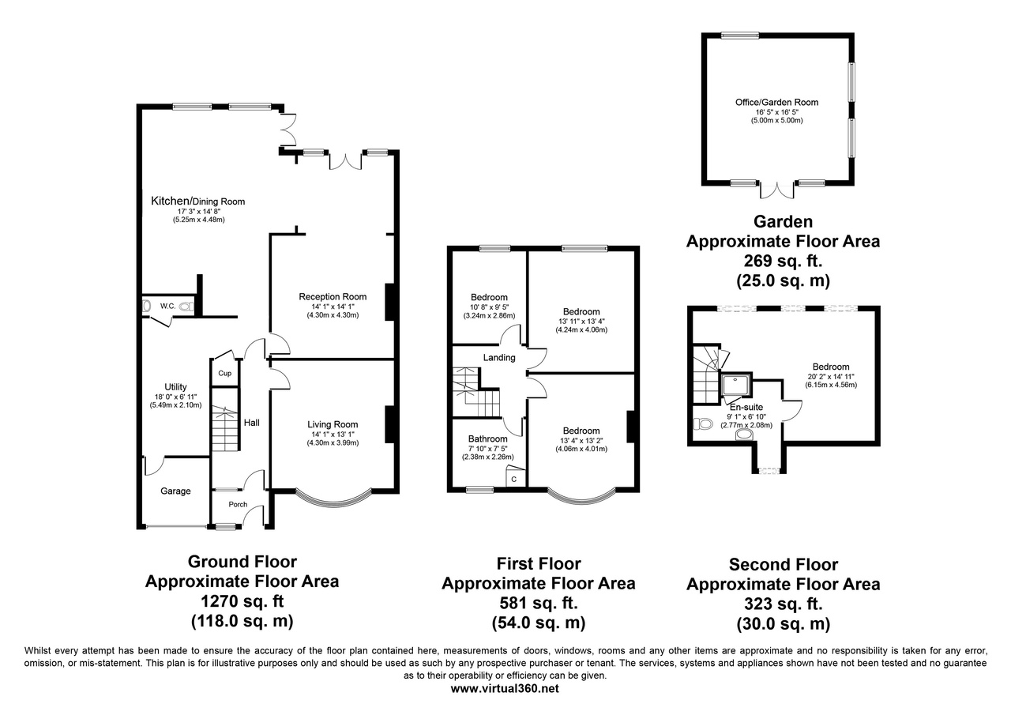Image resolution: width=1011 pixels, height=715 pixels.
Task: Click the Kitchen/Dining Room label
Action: [197, 201]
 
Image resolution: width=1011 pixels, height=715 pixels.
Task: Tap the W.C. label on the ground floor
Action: [168, 306]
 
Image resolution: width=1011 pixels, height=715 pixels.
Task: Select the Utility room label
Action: [175, 387]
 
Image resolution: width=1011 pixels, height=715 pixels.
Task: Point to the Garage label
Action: [175, 491]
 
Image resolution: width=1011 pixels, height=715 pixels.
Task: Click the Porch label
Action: [238, 504]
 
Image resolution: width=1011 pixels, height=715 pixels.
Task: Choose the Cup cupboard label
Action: [225, 373]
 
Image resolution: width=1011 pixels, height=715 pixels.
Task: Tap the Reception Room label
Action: [333, 296]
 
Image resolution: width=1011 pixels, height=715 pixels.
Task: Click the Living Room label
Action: [333, 424]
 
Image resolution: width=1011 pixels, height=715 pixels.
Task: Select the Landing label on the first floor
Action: [499, 357]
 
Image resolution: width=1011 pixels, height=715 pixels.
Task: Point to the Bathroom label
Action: [487, 438]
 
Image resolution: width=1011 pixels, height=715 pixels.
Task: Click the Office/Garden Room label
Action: [776, 103]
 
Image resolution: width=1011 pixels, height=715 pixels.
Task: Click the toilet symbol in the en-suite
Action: [702, 423]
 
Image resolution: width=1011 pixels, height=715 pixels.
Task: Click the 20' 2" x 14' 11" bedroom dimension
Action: [831, 376]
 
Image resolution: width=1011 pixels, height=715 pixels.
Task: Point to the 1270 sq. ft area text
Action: [242, 601]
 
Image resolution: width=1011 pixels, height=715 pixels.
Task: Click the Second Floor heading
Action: [784, 564]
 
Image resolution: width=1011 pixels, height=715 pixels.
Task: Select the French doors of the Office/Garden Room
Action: [776, 190]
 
